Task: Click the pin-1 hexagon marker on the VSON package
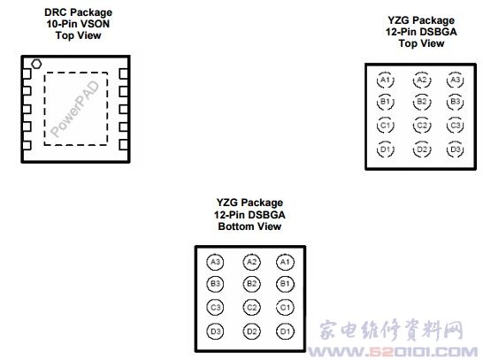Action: [x=36, y=64]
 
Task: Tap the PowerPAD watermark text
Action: [x=74, y=109]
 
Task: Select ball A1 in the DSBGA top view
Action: [x=386, y=80]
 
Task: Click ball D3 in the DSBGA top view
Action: [x=456, y=149]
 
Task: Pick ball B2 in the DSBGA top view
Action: [x=422, y=102]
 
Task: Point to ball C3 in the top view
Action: [x=456, y=126]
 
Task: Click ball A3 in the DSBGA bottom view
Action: [x=215, y=262]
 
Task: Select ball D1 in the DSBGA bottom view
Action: [x=285, y=332]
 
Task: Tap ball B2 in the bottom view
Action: [x=251, y=284]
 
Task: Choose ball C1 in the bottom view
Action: [x=285, y=307]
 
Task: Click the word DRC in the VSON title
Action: [x=55, y=12]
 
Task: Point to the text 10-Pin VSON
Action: [x=78, y=24]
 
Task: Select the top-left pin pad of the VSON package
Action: [x=27, y=74]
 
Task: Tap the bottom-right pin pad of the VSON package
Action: [x=124, y=144]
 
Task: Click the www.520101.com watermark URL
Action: [x=393, y=351]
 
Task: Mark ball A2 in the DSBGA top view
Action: [x=422, y=80]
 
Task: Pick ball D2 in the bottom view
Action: [x=251, y=332]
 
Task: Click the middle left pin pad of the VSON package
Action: [x=27, y=109]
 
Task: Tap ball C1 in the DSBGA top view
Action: [x=386, y=126]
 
